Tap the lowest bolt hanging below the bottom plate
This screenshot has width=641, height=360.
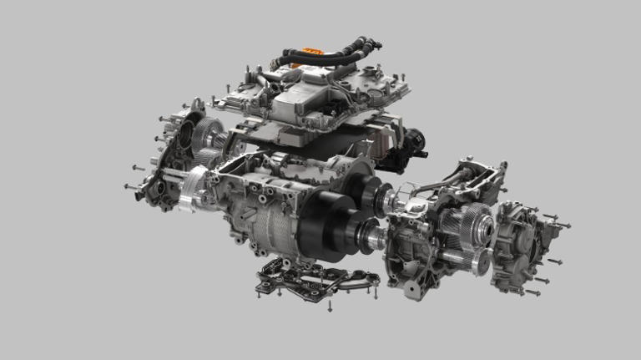tap(330, 308)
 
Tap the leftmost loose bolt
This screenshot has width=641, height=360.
tap(128, 186)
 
